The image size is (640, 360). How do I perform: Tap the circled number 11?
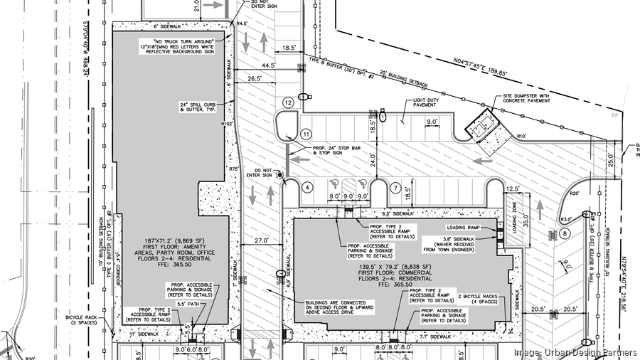tap(306, 133)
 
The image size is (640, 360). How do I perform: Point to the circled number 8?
tap(564, 233)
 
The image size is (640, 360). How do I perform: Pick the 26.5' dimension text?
tap(254, 79)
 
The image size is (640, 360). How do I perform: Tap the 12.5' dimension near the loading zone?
tap(513, 189)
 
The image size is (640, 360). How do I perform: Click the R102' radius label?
tap(228, 124)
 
